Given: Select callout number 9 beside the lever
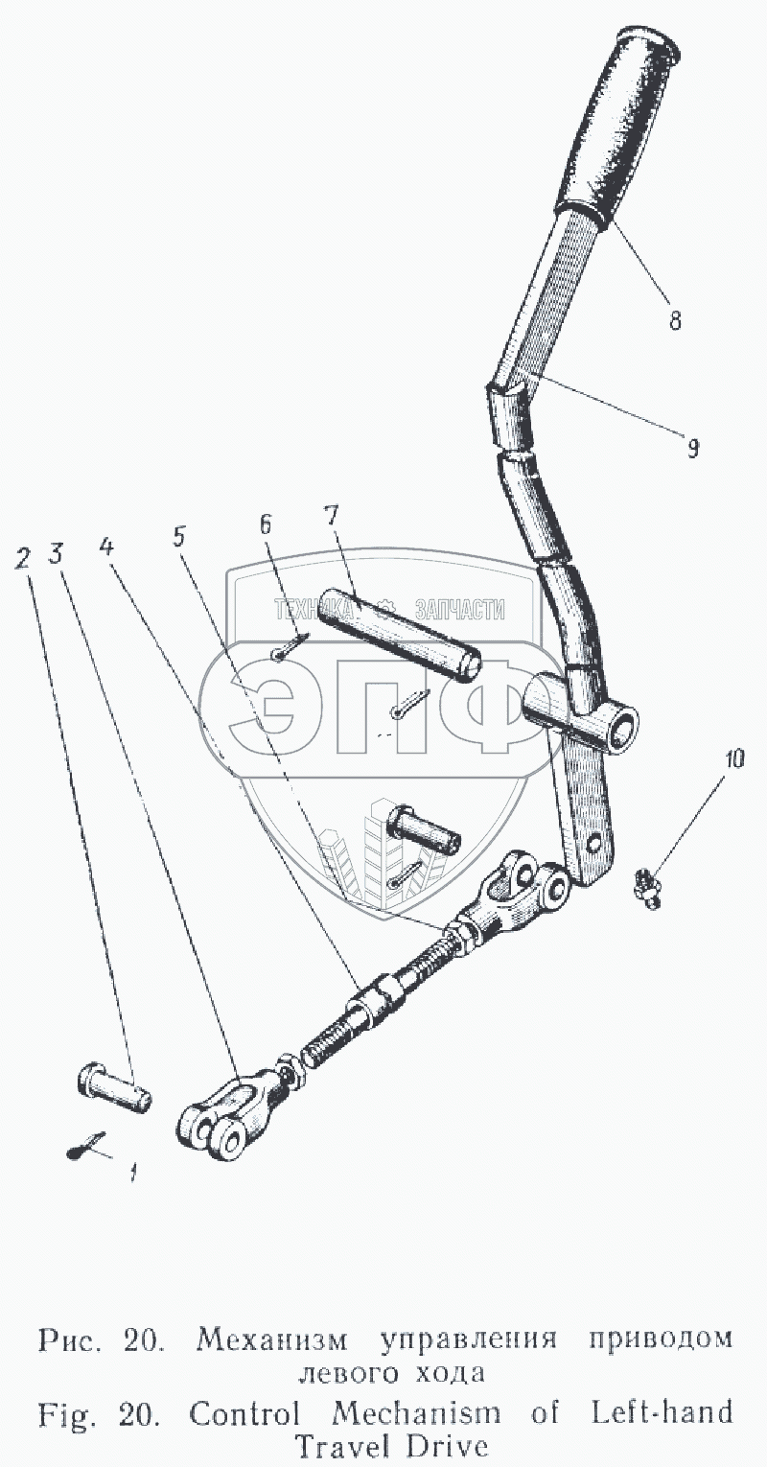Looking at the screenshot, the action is (x=692, y=447).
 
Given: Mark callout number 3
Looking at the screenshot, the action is (x=58, y=554).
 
